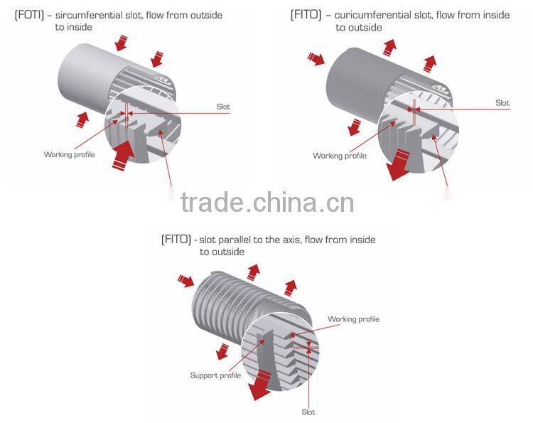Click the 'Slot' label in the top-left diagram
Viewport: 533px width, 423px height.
[223, 107]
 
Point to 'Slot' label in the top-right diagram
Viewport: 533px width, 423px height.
[502, 103]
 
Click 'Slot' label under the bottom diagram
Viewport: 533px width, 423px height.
[308, 412]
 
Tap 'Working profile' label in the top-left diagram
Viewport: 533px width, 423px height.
[69, 154]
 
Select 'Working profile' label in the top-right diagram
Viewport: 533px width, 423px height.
[340, 156]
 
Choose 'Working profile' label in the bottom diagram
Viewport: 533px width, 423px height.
[353, 319]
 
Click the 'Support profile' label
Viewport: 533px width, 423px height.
[215, 375]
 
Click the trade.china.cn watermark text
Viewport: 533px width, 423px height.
[266, 203]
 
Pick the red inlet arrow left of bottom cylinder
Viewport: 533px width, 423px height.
[186, 282]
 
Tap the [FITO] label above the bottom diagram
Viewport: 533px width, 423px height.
[176, 240]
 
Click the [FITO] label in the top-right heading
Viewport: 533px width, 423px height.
[306, 15]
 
